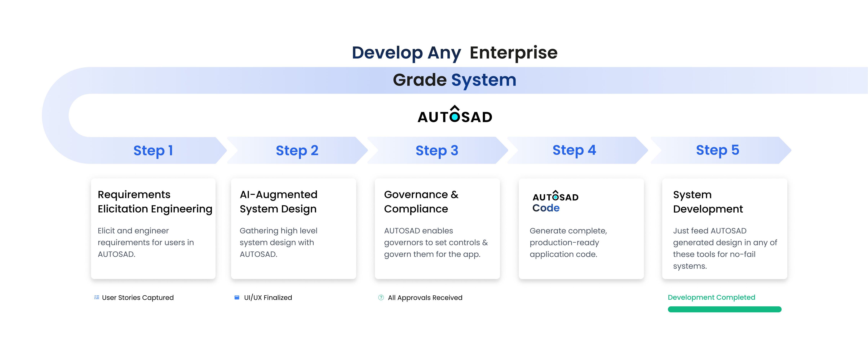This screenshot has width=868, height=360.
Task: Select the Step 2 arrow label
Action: click(297, 150)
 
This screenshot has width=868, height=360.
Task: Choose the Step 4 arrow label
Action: click(574, 150)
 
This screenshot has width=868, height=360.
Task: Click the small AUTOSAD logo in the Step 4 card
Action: click(555, 196)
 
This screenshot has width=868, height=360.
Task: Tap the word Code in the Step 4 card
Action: click(546, 208)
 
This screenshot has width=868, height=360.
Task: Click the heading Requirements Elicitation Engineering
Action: click(155, 202)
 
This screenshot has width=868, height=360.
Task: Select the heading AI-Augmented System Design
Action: click(278, 202)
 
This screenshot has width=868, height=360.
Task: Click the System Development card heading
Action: click(708, 202)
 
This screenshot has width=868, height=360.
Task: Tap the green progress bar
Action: click(724, 309)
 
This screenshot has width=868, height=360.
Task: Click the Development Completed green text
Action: click(711, 297)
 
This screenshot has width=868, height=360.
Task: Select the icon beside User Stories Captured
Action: click(97, 297)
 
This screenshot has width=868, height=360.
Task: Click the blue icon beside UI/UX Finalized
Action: click(237, 297)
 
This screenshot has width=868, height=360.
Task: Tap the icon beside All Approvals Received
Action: click(381, 297)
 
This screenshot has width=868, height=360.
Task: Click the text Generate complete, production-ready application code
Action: click(568, 242)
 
